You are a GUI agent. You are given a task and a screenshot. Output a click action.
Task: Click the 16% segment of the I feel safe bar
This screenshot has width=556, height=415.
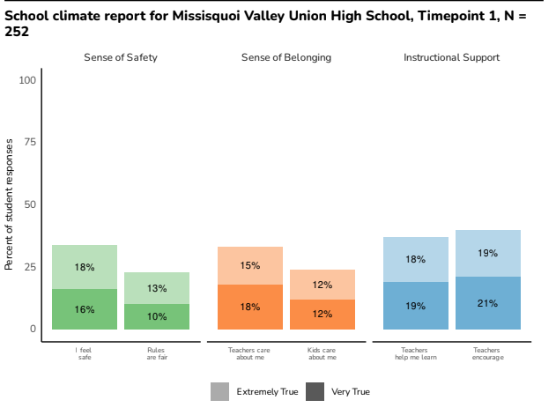(85, 309)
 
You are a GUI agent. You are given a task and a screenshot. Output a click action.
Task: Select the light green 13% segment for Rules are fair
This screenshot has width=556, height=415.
(157, 288)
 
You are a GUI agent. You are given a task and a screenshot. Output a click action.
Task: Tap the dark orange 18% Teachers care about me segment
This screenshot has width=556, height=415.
(250, 307)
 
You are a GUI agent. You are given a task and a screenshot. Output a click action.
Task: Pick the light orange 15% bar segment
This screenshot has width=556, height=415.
(250, 265)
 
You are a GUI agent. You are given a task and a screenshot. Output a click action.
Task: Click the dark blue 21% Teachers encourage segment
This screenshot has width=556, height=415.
(488, 303)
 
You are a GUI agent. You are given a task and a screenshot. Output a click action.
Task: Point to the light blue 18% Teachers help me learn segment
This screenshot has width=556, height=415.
(416, 259)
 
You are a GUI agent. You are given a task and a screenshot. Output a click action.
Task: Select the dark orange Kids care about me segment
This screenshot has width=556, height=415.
(322, 315)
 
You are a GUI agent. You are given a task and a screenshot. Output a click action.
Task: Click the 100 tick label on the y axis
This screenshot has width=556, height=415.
(27, 80)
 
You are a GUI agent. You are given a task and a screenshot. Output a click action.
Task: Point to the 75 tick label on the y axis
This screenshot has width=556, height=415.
(30, 143)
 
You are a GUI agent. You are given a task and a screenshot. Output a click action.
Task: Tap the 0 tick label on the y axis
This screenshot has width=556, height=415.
(33, 329)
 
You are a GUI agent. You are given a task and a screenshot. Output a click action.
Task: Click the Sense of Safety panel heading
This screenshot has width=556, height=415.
(121, 57)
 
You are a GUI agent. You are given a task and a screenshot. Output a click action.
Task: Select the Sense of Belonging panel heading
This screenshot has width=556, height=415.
(286, 57)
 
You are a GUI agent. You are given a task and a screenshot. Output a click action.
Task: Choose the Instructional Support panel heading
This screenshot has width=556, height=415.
(452, 57)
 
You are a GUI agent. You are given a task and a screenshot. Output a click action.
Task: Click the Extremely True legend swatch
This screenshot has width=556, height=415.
(219, 391)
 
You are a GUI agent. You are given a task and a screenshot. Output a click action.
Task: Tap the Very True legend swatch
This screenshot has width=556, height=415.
(315, 391)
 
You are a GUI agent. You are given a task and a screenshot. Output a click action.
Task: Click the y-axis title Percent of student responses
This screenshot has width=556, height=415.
(10, 204)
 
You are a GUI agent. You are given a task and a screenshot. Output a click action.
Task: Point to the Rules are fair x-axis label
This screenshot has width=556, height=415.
(157, 354)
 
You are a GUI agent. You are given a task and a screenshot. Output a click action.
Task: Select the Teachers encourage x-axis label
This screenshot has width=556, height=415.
(488, 354)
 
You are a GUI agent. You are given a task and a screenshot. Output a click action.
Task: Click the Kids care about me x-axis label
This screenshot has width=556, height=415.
(322, 354)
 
